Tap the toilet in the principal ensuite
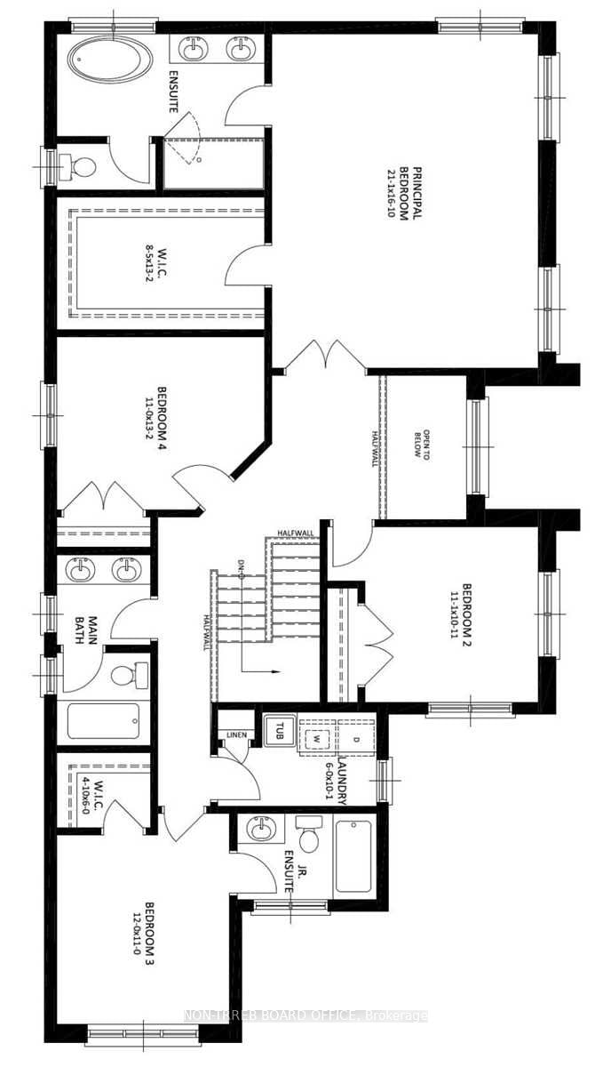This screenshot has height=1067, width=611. pyautogui.click(x=83, y=166)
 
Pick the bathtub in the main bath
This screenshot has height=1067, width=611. pyautogui.click(x=104, y=720)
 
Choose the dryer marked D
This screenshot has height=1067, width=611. pyautogui.click(x=357, y=738)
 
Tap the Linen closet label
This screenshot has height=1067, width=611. pyautogui.click(x=235, y=734)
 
